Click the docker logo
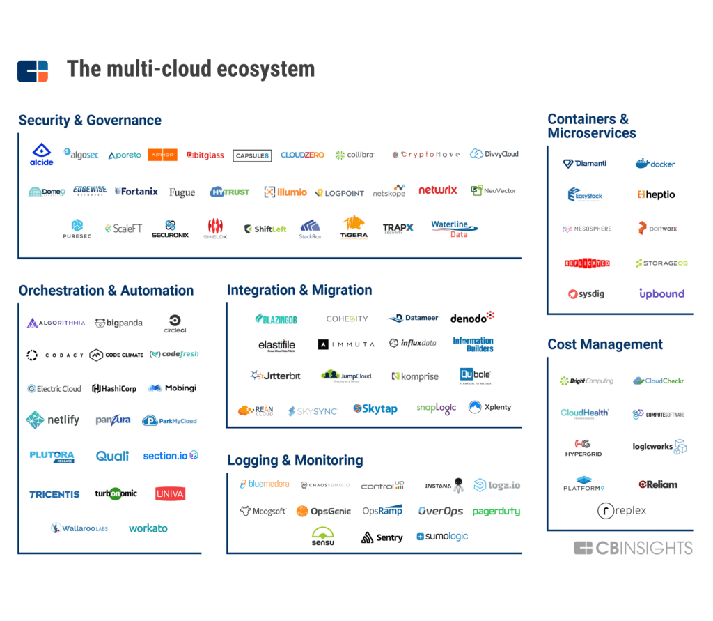pyautogui.click(x=655, y=164)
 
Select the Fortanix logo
pyautogui.click(x=136, y=191)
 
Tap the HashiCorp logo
pyautogui.click(x=114, y=388)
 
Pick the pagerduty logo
pyautogui.click(x=496, y=512)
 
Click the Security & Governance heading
pyautogui.click(x=90, y=121)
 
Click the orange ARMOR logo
pyautogui.click(x=162, y=155)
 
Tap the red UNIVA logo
pyautogui.click(x=170, y=494)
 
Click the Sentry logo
pyautogui.click(x=382, y=537)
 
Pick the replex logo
pyautogui.click(x=622, y=511)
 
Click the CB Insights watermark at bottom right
pyautogui.click(x=633, y=548)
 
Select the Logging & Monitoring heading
pyautogui.click(x=295, y=461)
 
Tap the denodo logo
pyautogui.click(x=472, y=318)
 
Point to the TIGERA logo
pyautogui.click(x=354, y=228)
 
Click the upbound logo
pyautogui.click(x=661, y=294)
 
